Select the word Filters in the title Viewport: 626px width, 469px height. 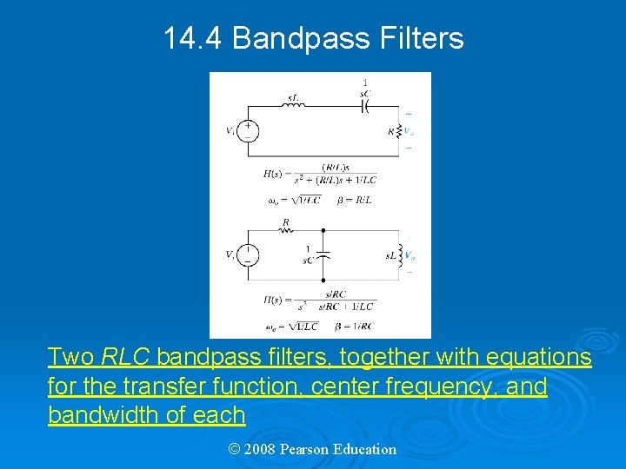coord(422,38)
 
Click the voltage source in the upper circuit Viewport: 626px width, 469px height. coord(249,131)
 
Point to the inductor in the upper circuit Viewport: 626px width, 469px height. coord(293,106)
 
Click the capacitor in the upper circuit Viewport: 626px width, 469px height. coord(365,106)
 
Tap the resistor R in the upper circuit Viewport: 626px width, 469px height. coord(400,131)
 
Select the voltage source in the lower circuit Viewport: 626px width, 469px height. coord(249,255)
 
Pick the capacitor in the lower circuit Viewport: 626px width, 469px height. coord(323,255)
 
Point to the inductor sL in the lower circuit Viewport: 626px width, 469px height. coord(401,255)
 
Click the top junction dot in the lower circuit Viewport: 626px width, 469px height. coord(323,231)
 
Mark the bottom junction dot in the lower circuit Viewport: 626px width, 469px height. coord(323,280)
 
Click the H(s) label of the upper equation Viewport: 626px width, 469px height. coord(275,174)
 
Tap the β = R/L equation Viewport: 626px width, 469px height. coord(353,200)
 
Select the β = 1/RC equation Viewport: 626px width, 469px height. coord(355,327)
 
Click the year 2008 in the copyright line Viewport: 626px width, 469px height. coord(260,449)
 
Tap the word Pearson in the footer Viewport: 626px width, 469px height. coord(306,449)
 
